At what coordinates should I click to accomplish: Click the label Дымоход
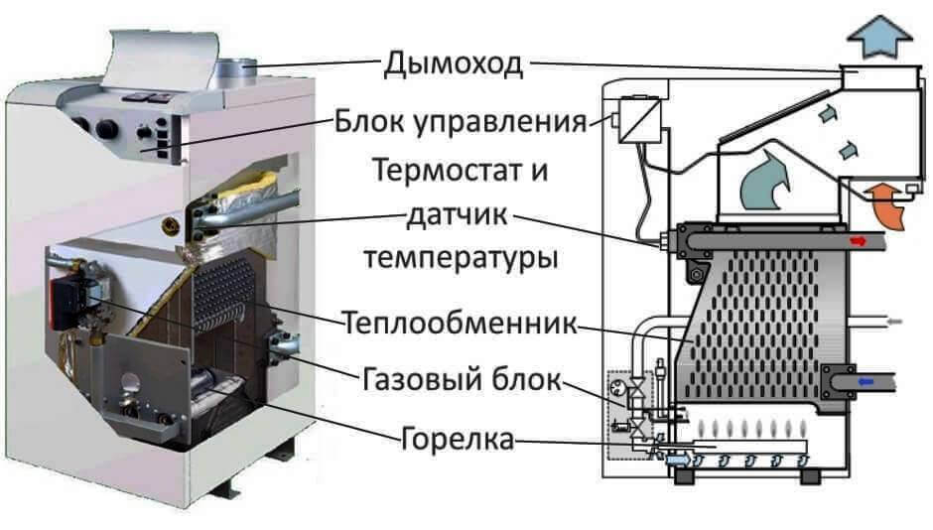453,65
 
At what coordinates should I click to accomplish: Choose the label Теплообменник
461,324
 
